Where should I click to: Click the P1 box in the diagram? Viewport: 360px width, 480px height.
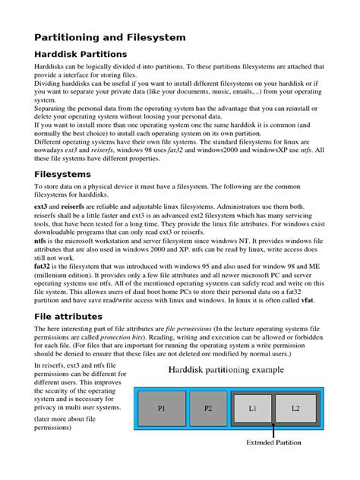pyautogui.click(x=161, y=409)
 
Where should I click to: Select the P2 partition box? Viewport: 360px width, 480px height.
pyautogui.click(x=207, y=409)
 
